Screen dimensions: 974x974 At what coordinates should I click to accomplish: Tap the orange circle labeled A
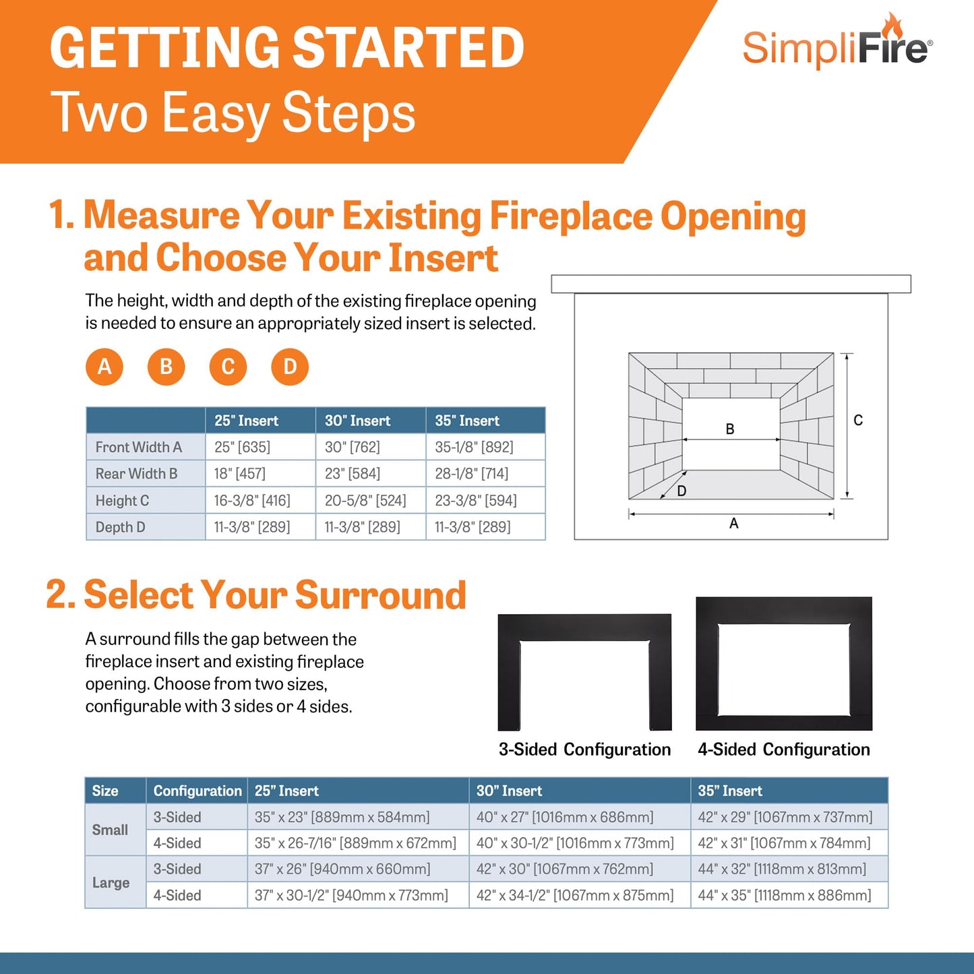coord(104,367)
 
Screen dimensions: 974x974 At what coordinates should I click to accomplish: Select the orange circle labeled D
coord(290,367)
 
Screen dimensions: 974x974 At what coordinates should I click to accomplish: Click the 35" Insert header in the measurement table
coord(467,421)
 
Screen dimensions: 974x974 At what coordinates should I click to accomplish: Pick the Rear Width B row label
coord(136,474)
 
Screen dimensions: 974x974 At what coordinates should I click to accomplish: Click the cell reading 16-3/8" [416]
coord(252,500)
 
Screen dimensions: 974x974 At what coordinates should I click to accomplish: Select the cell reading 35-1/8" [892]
coord(474,447)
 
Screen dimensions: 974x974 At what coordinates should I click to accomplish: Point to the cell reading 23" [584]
coord(353,474)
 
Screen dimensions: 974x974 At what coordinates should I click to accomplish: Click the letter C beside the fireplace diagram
coord(858,421)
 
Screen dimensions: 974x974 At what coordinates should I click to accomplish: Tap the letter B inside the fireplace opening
coord(730,429)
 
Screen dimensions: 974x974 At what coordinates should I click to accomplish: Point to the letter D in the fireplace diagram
coord(681,491)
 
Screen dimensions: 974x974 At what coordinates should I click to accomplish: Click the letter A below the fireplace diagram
coord(734,524)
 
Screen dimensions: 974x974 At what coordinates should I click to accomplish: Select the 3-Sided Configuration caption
coord(584,750)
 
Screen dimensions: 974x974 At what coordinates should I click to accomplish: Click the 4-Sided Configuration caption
coord(784,750)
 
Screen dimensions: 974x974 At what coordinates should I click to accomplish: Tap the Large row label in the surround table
coord(111,882)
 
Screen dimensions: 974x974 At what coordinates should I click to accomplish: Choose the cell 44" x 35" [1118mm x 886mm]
coord(785,895)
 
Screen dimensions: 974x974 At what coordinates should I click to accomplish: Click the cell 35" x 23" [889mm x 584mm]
coord(342,817)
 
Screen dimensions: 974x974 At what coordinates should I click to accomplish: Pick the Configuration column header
coord(197,791)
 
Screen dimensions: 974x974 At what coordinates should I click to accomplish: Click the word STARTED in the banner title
coord(408,49)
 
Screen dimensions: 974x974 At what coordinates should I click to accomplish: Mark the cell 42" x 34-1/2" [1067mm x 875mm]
coord(575,895)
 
